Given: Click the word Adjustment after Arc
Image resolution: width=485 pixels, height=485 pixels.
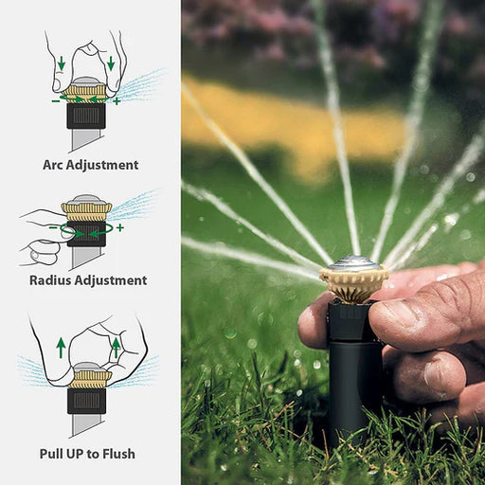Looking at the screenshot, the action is point(99,165).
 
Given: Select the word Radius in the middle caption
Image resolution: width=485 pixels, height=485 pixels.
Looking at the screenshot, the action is point(50,280).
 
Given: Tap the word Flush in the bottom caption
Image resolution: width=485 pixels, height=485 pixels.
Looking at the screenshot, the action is point(118,454).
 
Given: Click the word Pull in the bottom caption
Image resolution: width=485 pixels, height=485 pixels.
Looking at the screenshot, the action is point(51,454).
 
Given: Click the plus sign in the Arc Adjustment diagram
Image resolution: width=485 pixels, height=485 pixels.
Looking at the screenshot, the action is point(117,101).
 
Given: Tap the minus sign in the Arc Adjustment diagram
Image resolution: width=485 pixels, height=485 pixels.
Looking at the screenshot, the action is point(56,101).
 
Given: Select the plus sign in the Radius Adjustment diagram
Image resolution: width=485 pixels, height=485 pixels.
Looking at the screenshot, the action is point(120,227).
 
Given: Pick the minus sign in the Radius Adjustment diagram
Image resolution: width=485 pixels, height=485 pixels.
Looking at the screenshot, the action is point(53,227).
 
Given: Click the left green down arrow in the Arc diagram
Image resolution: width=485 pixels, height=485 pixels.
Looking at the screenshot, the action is point(62,63).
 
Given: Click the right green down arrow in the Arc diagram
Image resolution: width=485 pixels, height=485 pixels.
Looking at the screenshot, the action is point(111,63).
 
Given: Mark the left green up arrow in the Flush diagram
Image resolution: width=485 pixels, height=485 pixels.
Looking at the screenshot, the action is point(61,348).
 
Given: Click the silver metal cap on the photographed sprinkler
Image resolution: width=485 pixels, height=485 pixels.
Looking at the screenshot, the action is point(354,262).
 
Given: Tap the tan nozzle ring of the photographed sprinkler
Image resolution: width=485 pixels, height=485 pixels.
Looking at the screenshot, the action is point(354,282).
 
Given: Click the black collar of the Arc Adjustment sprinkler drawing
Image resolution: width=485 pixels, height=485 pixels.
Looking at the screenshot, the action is point(86,116).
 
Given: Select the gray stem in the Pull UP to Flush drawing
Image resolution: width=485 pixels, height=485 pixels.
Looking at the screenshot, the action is point(86,424).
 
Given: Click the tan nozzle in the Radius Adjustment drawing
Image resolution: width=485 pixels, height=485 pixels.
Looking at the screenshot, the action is point(86,211).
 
